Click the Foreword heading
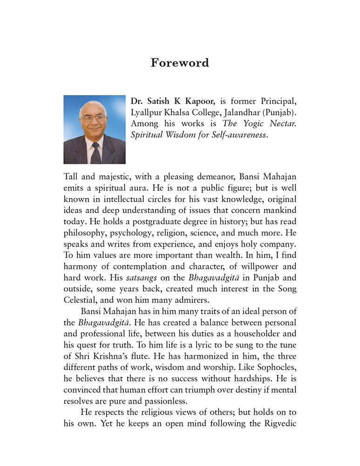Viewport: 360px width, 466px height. point(180,63)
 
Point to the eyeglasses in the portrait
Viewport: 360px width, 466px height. point(93,118)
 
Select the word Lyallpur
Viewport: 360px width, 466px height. point(148,113)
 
